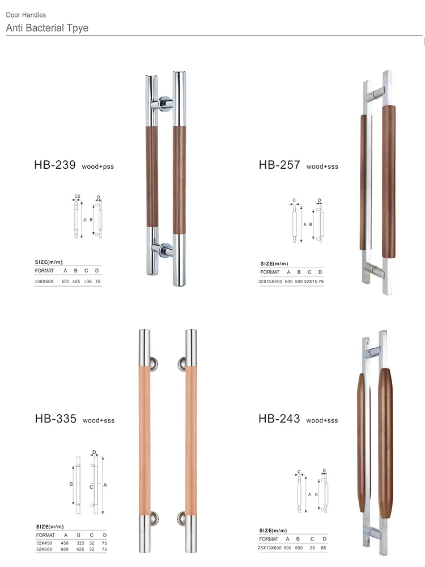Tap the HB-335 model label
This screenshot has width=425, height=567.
point(56,419)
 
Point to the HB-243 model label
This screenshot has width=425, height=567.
point(279,419)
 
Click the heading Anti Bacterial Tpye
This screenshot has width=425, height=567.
point(48,28)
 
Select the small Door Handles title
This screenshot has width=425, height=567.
point(26,15)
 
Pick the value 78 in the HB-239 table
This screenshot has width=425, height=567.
point(97,282)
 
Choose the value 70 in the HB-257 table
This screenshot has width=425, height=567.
point(321,282)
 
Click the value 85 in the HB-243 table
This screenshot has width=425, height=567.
point(324,548)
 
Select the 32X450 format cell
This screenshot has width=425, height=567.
point(44,543)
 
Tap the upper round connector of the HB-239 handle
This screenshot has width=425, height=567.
point(164,104)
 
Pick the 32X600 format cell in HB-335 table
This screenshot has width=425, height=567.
point(44,549)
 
